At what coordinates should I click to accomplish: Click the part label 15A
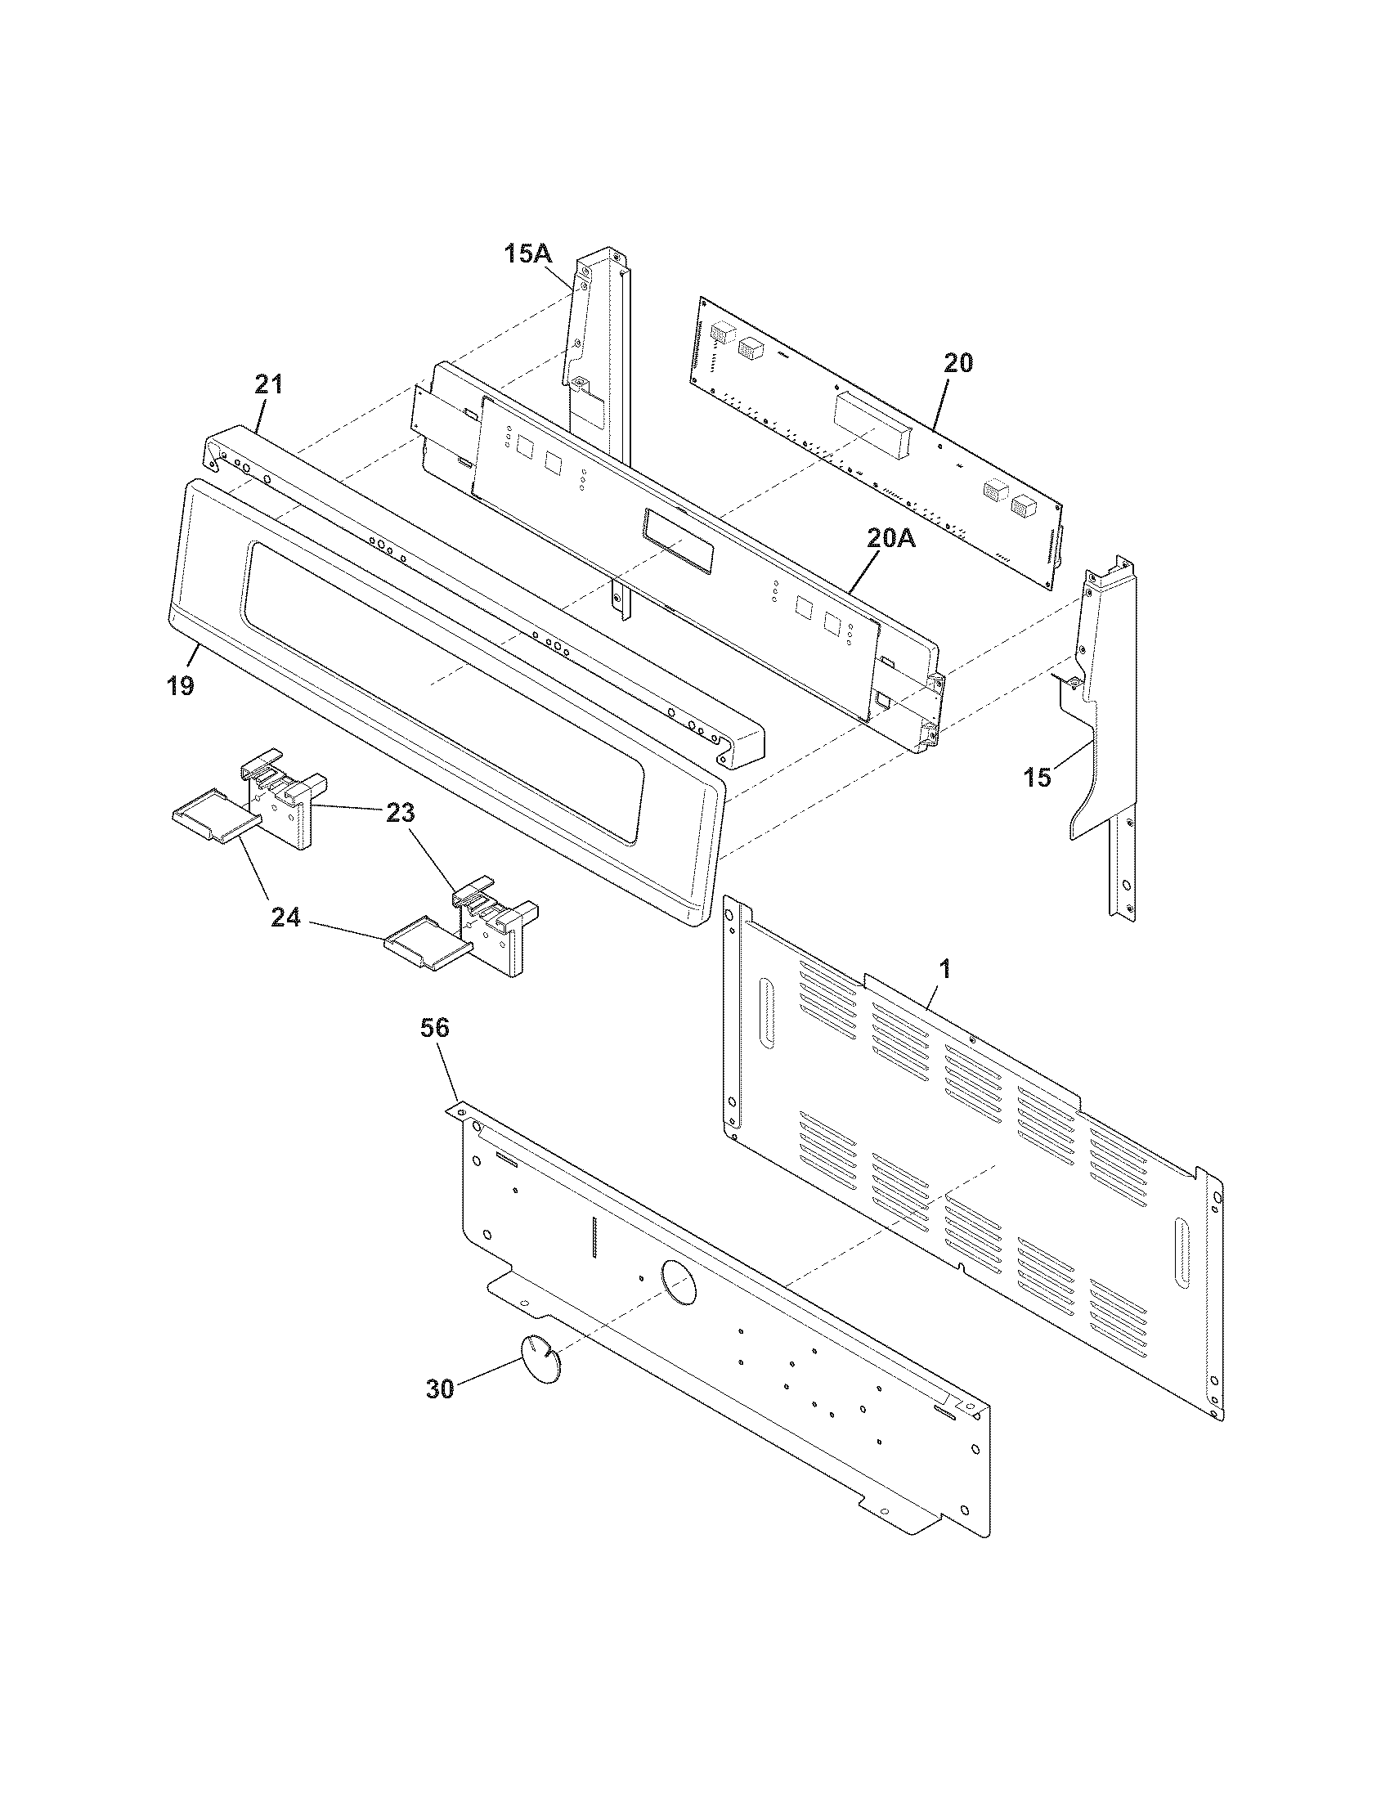point(528,253)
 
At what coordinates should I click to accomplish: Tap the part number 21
point(268,384)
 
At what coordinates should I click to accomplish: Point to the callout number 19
point(181,684)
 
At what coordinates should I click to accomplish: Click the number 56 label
point(435,1027)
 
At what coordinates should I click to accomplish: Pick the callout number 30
point(441,1389)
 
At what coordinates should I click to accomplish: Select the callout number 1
point(945,970)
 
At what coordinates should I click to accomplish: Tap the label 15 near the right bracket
point(1038,777)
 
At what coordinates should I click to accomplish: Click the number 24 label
point(285,917)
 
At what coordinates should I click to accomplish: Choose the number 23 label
point(401,813)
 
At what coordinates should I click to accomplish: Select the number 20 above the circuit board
point(957,362)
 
